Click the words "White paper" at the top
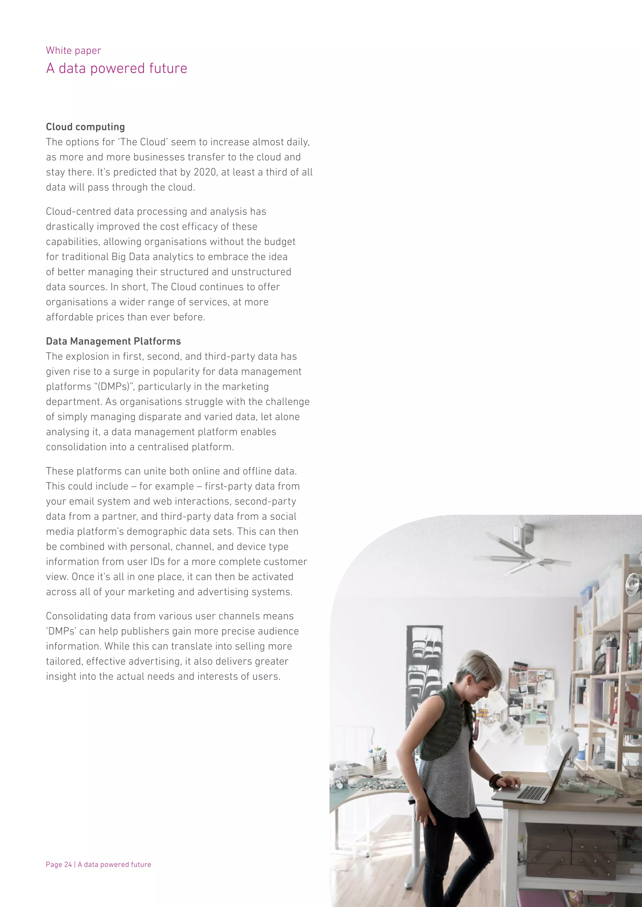pos(74,50)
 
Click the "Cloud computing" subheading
pos(85,127)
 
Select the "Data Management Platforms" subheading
pos(113,341)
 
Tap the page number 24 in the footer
pos(68,864)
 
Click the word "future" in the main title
pos(171,68)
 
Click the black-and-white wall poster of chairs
pos(424,671)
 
